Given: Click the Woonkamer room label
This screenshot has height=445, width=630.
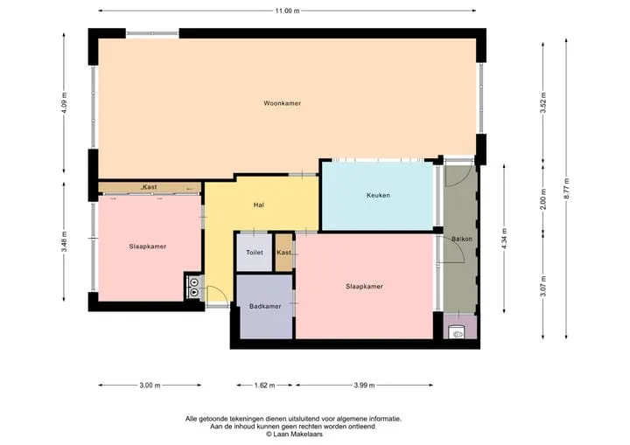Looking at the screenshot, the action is coord(282,103).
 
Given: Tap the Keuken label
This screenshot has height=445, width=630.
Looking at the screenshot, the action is coord(378,195).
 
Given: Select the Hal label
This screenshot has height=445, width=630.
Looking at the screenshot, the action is coord(259,205).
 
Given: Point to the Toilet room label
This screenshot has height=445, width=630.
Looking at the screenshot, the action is coord(255,253).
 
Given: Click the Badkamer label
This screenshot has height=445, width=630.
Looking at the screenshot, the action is coord(265,307).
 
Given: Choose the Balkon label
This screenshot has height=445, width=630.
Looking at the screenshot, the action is coord(462,239).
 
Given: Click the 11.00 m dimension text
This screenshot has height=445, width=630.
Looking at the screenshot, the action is coord(287,10).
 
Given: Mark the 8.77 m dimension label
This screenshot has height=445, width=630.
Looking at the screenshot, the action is coord(566,188).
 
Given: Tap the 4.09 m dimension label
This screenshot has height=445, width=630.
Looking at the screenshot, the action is coord(64,103).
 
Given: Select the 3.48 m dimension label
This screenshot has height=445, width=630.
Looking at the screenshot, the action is coord(64,242).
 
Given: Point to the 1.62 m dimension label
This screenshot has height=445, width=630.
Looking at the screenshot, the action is coord(265,386).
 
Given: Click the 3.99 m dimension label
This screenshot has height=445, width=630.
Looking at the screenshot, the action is coord(364,386).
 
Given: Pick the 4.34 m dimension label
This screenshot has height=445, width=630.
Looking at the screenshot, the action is coord(505,239).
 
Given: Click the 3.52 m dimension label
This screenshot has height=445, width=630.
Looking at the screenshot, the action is coord(543,103).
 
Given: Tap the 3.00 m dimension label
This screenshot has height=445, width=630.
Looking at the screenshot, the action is coord(150,386).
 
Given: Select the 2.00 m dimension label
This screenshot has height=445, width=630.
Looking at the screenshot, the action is coord(543,198).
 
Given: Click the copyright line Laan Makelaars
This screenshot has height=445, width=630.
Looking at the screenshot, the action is coord(294,435).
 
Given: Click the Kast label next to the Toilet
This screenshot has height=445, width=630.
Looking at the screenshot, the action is coord(283,253).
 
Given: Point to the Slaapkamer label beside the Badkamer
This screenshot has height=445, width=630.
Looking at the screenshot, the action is coord(364,287).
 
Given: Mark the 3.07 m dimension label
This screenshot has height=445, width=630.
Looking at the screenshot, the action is coord(543,286).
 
